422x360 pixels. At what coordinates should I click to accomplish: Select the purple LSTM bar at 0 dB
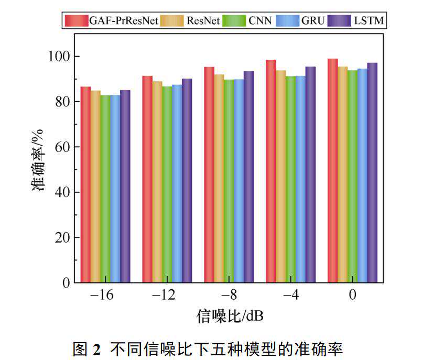372,173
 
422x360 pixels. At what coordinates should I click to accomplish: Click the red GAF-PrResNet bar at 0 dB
332,170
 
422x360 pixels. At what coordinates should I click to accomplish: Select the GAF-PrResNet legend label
124,21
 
